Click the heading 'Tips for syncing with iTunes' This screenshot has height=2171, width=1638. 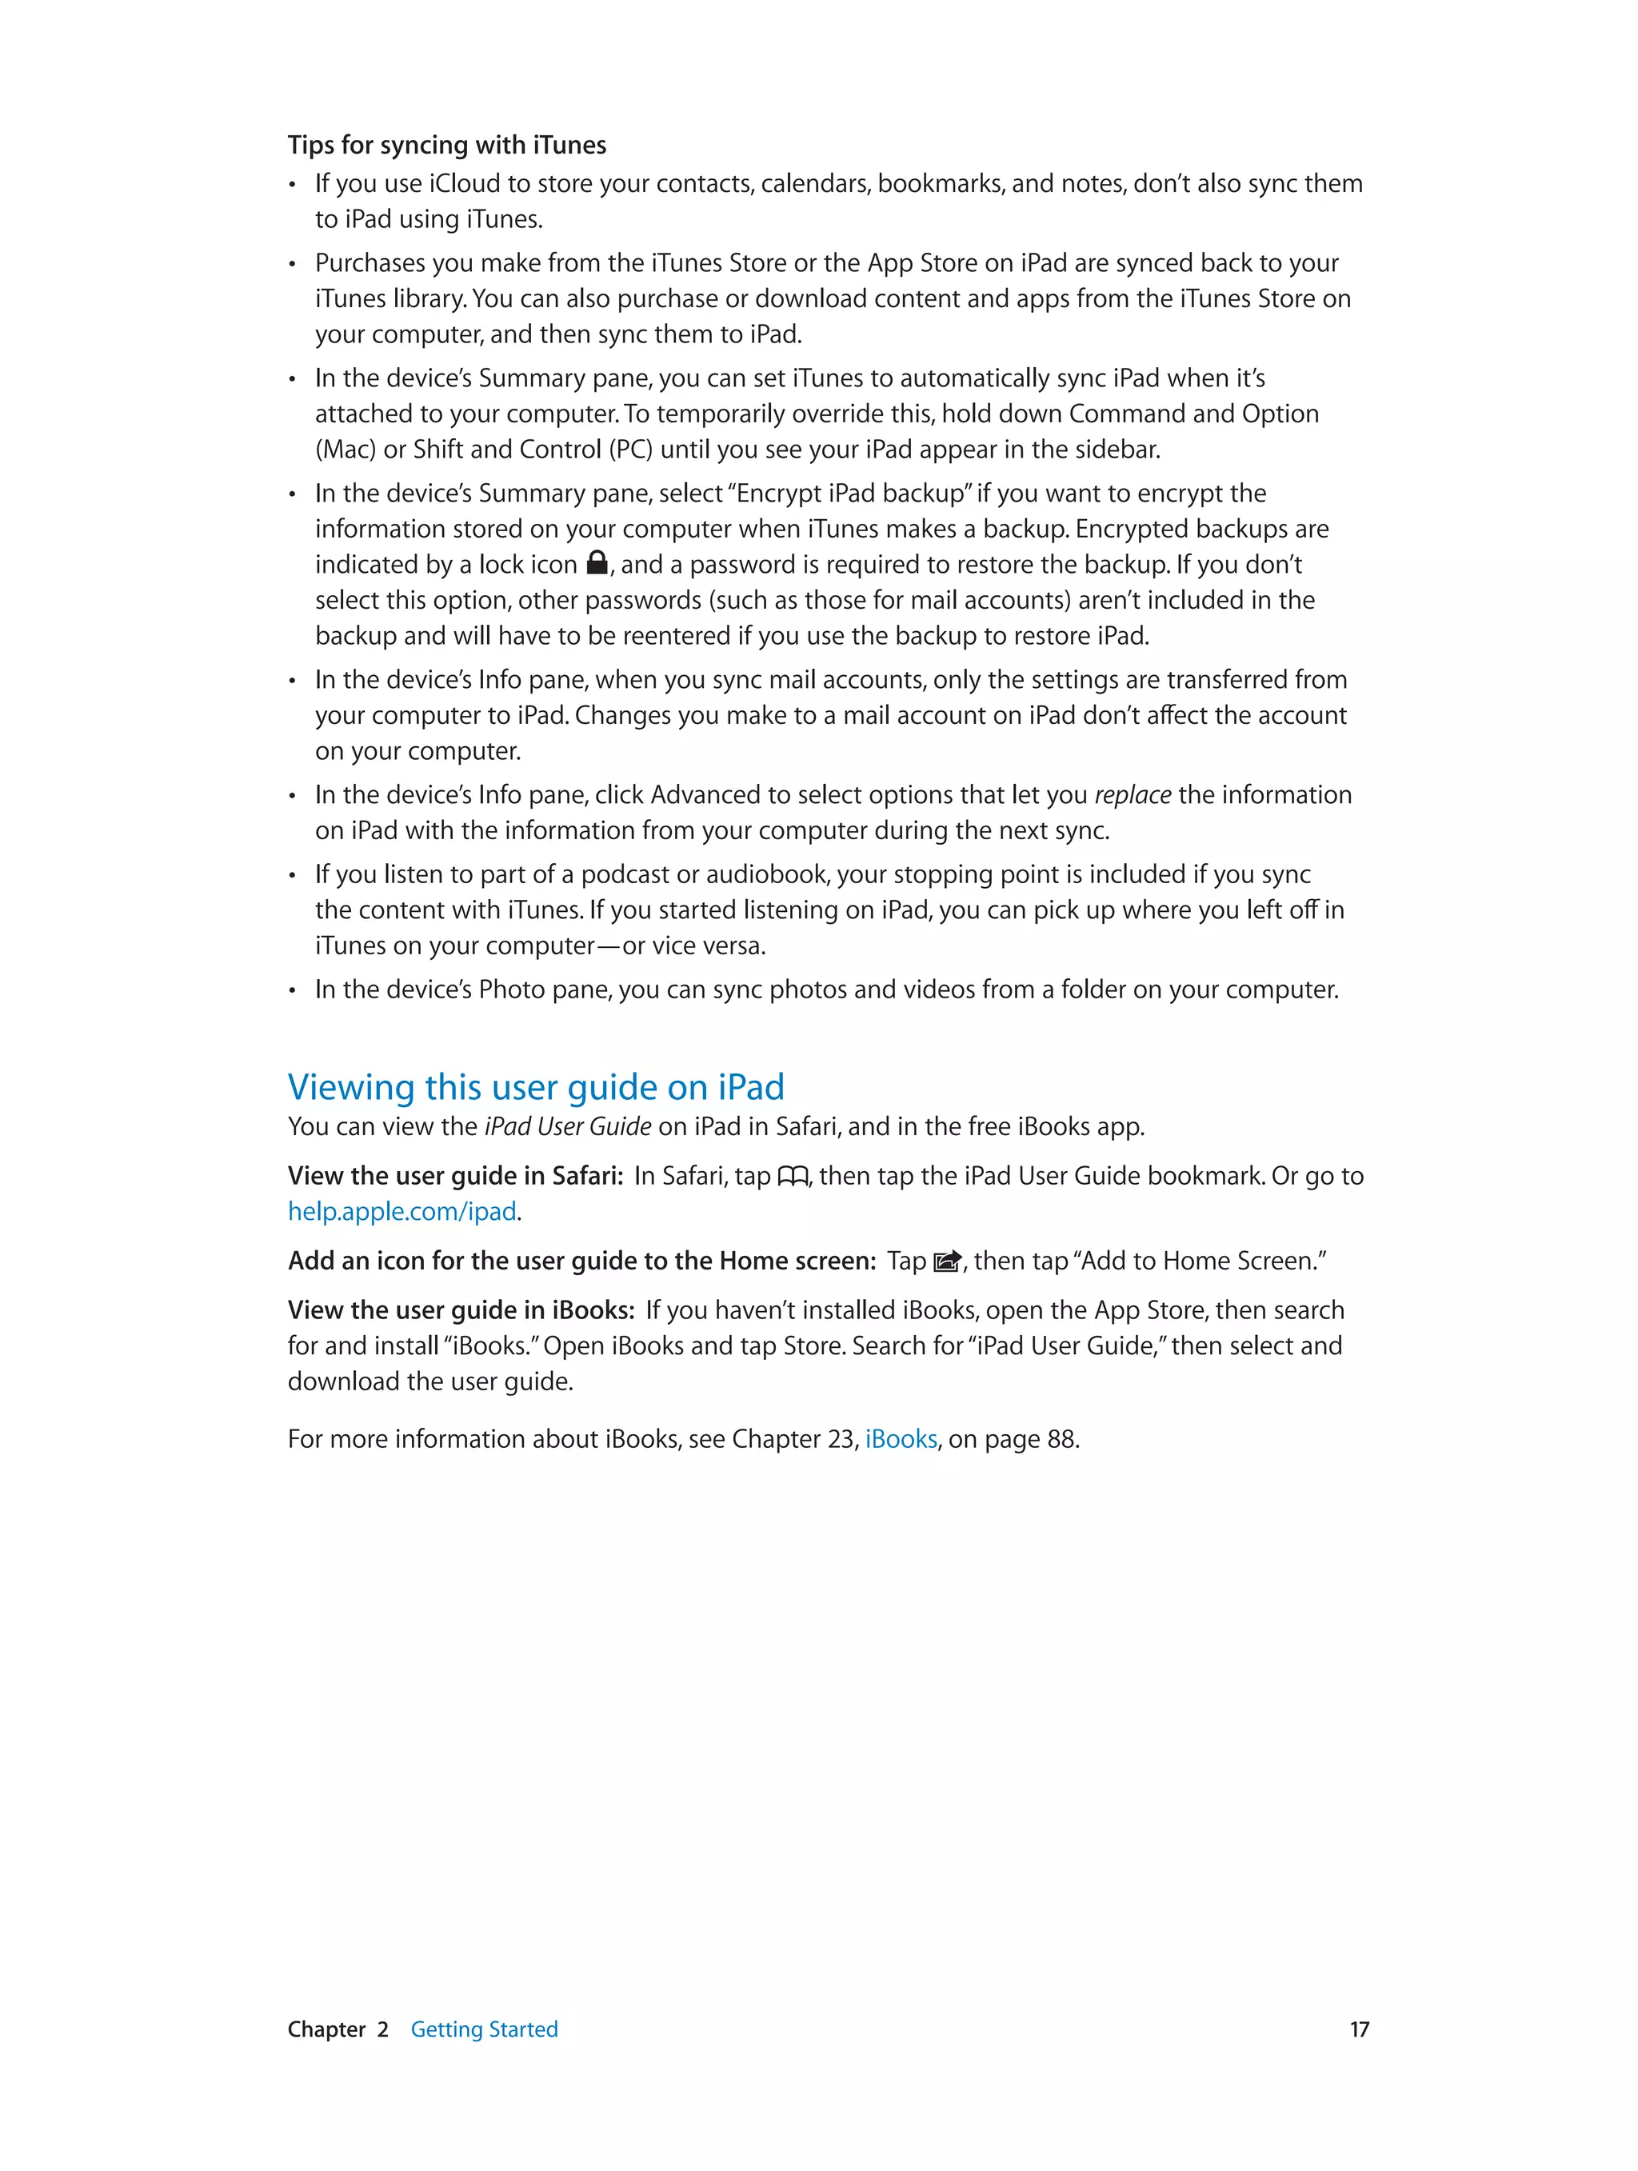(446, 146)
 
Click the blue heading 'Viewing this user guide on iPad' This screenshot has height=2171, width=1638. (536, 1087)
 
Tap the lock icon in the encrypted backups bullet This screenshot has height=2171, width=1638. (597, 562)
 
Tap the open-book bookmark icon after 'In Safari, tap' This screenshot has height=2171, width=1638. (792, 1176)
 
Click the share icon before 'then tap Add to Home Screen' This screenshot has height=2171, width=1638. (947, 1261)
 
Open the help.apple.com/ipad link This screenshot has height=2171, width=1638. (402, 1212)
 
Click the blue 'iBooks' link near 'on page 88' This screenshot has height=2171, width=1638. (901, 1439)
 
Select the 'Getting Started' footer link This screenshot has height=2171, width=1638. (484, 2029)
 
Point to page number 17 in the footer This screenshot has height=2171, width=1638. (1358, 2029)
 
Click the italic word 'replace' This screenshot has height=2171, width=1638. (1133, 795)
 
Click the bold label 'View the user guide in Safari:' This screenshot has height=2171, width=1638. (455, 1176)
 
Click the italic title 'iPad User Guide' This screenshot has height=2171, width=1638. (567, 1127)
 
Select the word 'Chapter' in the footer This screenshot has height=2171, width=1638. (326, 2029)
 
